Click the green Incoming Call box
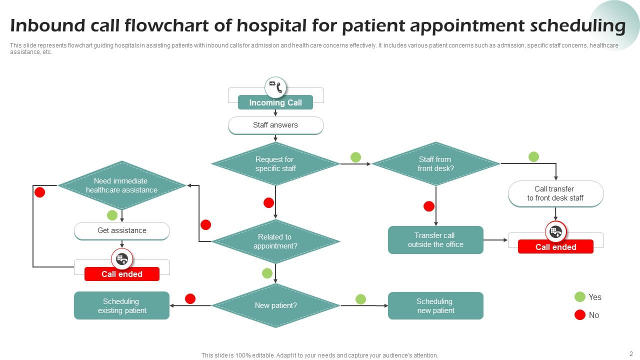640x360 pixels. [x=275, y=102]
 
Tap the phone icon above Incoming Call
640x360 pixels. [x=275, y=87]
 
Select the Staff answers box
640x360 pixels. [x=275, y=125]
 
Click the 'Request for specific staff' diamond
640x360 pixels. [x=275, y=164]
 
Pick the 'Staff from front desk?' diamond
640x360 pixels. [x=435, y=164]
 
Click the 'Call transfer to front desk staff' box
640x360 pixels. [x=555, y=193]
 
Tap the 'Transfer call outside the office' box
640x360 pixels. [x=435, y=240]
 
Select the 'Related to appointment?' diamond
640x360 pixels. [x=275, y=241]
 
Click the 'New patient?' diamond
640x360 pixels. [x=275, y=305]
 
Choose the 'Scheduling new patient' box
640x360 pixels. [x=435, y=305]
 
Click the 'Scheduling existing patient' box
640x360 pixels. [x=122, y=305]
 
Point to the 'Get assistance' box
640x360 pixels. [x=122, y=230]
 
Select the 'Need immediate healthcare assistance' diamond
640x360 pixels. [x=122, y=185]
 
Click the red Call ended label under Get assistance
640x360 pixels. [x=122, y=274]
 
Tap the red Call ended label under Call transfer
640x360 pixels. [x=555, y=247]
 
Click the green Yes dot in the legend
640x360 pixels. [x=580, y=297]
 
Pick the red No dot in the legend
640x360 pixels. [x=580, y=315]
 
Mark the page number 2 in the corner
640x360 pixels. [x=631, y=353]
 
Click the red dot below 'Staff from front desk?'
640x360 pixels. [x=429, y=206]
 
